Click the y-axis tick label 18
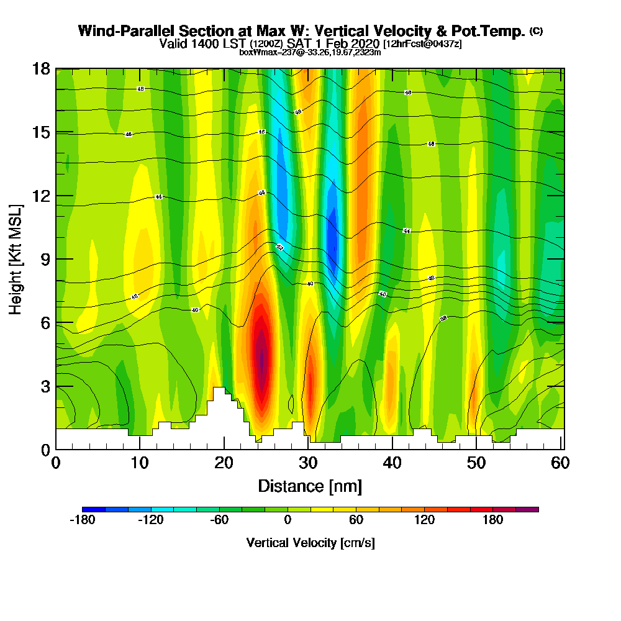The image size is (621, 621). [x=42, y=68]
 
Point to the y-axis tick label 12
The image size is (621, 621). [x=42, y=196]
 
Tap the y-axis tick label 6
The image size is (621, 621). [x=45, y=323]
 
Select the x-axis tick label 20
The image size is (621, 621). [x=224, y=463]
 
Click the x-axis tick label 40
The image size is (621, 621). [x=392, y=463]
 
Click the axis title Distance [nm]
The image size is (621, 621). [x=310, y=486]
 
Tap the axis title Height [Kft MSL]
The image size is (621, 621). [x=16, y=259]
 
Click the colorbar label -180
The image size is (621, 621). [x=82, y=520]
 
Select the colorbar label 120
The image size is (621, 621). [x=424, y=520]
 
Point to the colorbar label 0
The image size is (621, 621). [x=288, y=520]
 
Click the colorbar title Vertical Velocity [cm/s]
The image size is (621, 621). [x=310, y=543]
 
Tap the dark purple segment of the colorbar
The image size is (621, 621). [x=533, y=509]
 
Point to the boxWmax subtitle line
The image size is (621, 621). [x=310, y=52]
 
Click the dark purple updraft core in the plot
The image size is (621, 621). [x=262, y=360]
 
